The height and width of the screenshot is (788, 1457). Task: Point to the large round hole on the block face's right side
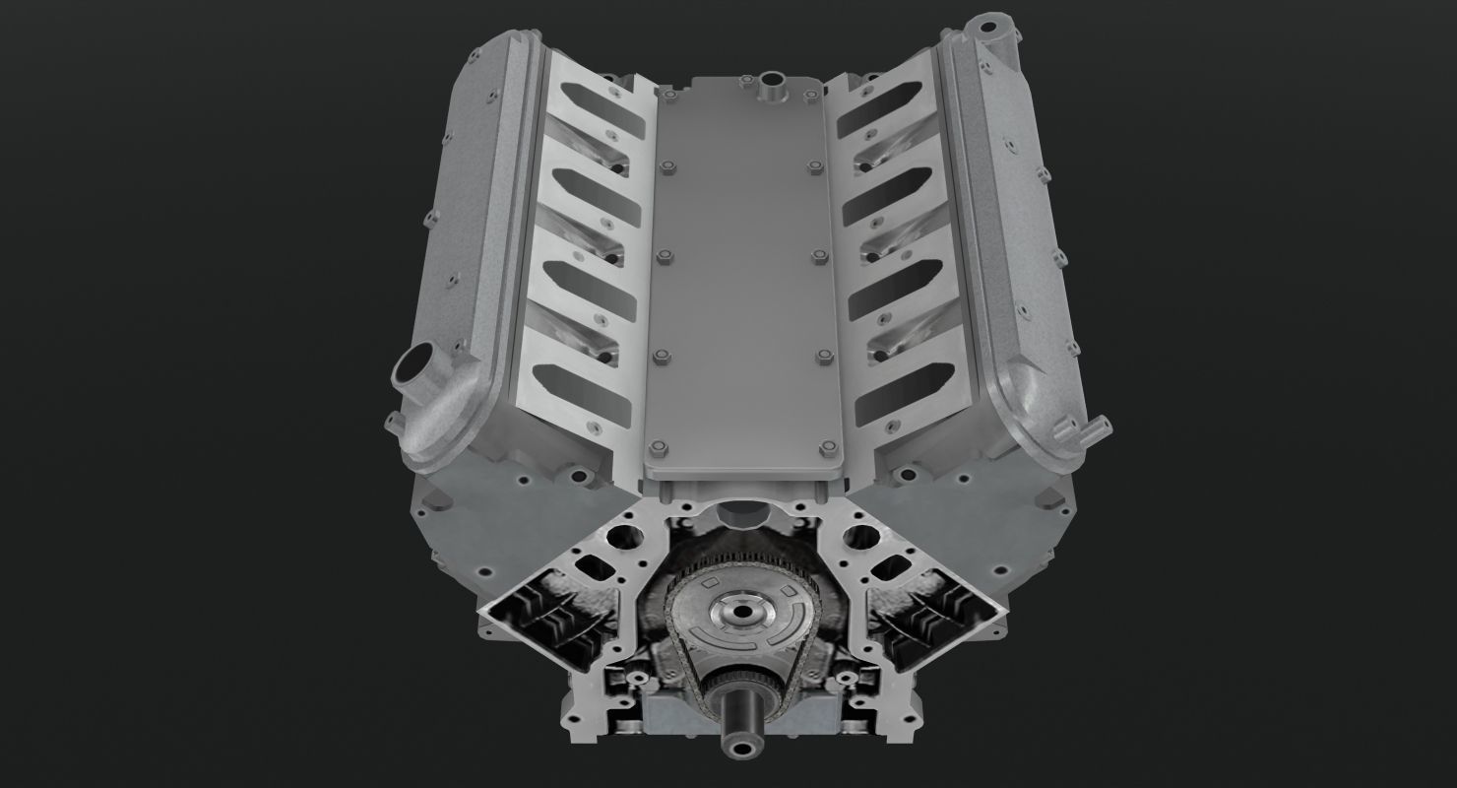[860, 538]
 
